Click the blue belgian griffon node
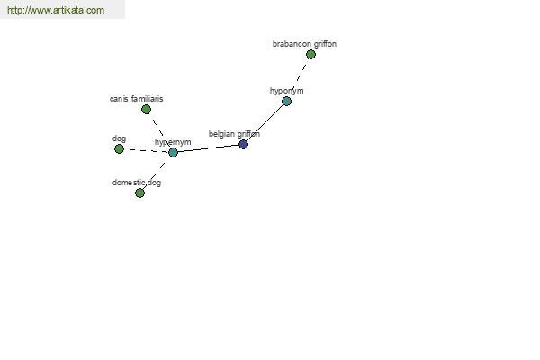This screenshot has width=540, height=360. (243, 144)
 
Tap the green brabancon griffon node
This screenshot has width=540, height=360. (310, 54)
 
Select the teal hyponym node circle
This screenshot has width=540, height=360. (286, 102)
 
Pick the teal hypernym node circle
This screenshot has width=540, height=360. (173, 152)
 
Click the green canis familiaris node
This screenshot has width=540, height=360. (146, 110)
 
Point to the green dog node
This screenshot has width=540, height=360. (119, 149)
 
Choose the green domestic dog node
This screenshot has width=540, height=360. (139, 193)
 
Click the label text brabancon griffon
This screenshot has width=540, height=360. (304, 44)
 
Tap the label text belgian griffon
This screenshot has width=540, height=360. (234, 134)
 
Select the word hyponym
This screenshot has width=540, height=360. (286, 91)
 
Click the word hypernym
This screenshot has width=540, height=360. (173, 142)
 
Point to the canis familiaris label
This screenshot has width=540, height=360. (137, 99)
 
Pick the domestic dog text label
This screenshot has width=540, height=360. (137, 183)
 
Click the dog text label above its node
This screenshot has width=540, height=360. (119, 139)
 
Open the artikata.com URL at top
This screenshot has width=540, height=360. (56, 10)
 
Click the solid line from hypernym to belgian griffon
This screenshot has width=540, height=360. (208, 148)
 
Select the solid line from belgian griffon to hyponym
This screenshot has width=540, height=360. (265, 123)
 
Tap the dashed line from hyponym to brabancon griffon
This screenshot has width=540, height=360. (299, 78)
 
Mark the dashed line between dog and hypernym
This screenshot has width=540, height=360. (146, 150)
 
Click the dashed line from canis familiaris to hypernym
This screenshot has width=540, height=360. (159, 130)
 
